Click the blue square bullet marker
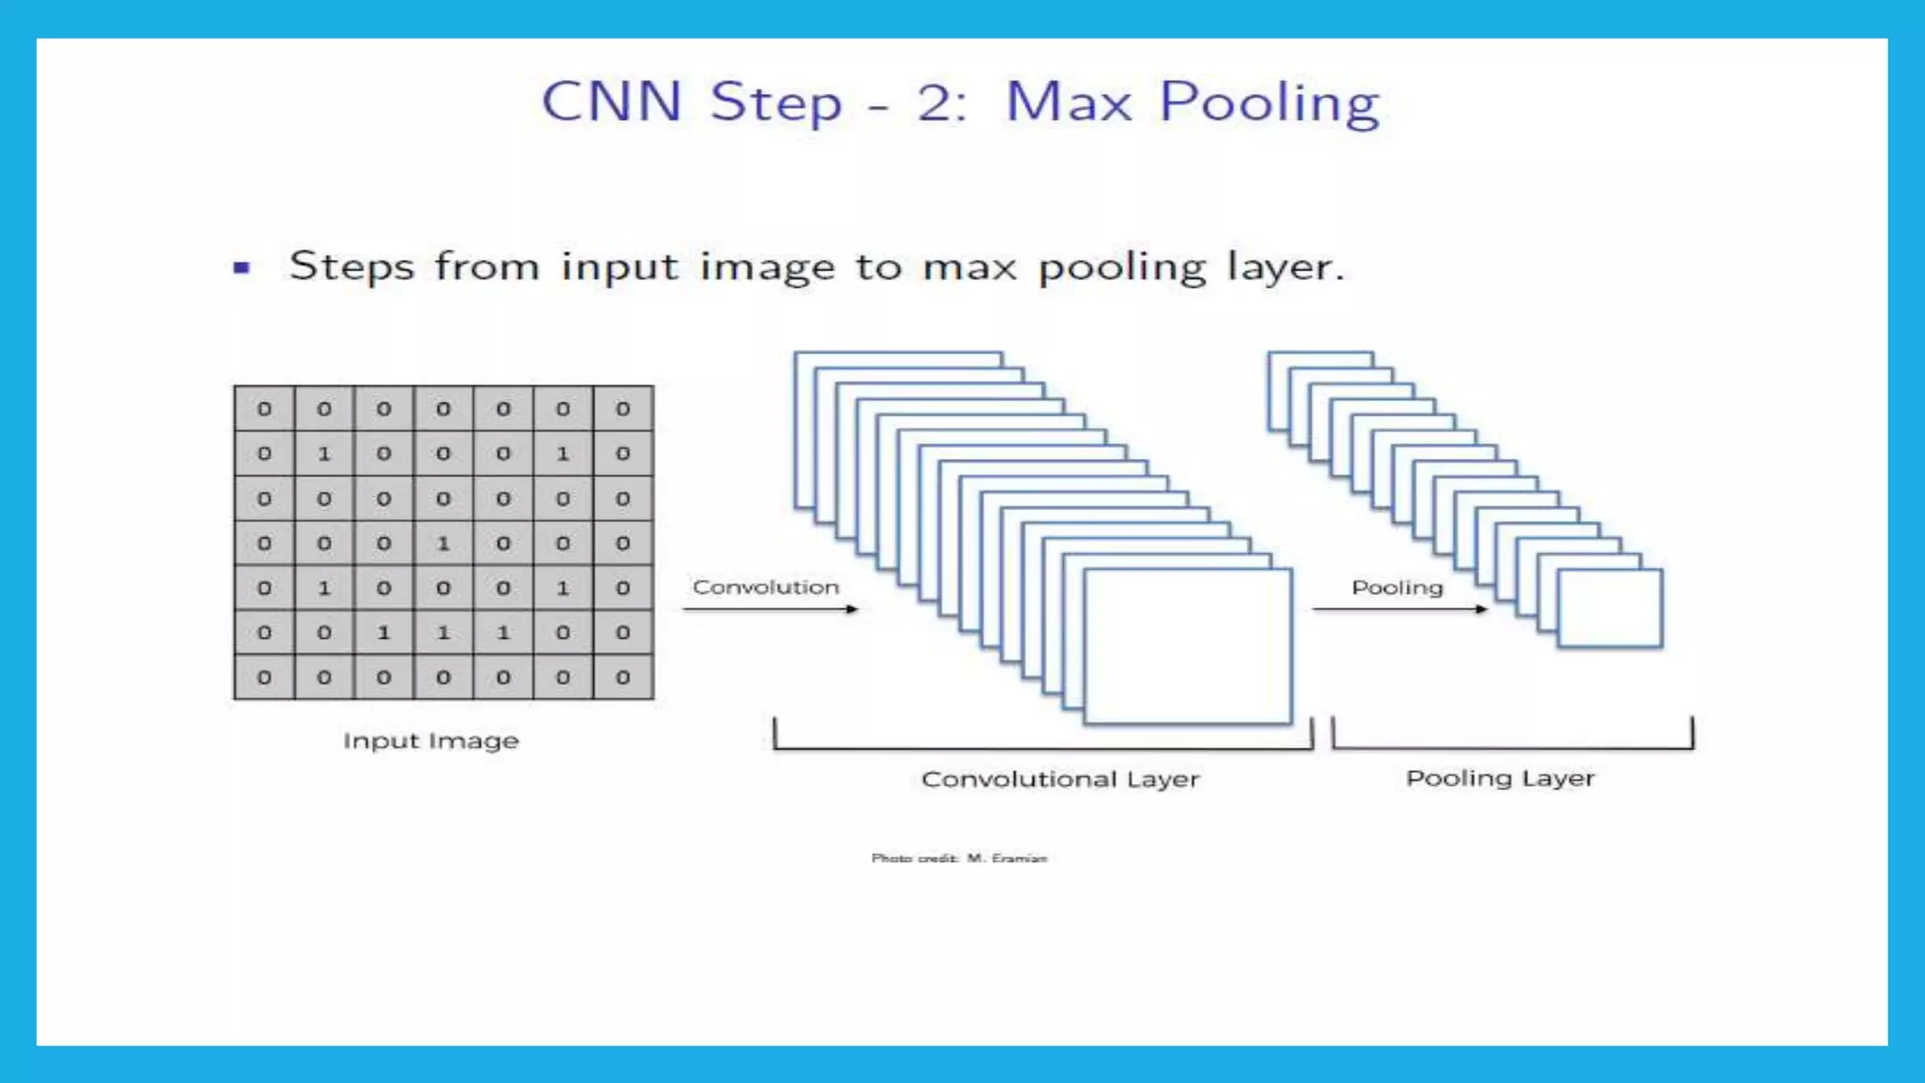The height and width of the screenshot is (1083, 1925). coord(242,268)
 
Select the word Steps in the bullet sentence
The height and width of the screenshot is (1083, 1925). coord(351,267)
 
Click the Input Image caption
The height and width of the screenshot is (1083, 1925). coord(430,741)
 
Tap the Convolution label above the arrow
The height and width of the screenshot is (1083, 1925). coord(765,587)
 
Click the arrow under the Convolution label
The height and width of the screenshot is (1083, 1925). coord(770,609)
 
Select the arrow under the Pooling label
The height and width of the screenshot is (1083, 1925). coord(1400,609)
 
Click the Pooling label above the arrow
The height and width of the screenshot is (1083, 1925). coord(1397,588)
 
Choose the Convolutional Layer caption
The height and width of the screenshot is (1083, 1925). coord(1060,779)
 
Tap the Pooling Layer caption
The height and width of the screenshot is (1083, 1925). coord(1500,778)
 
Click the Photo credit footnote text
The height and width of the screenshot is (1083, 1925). coord(959,858)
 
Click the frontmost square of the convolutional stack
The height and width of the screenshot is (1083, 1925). coord(1188,647)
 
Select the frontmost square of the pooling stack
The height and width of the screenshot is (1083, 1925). coord(1610,608)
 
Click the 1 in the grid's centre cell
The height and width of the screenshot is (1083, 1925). coord(444,543)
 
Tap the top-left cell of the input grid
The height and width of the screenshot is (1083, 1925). coord(264,409)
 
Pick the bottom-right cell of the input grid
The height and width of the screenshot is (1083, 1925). coord(622,677)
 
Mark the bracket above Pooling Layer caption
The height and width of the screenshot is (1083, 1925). coord(1512,747)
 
